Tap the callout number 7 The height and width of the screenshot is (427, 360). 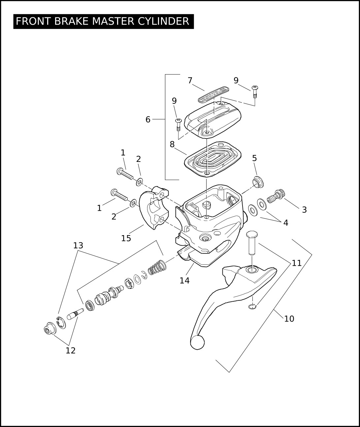(x=190, y=80)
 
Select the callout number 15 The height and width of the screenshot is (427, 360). (x=126, y=238)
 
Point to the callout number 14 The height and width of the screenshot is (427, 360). (x=184, y=281)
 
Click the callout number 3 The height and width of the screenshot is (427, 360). (x=304, y=210)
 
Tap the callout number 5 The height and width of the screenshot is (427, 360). (x=254, y=158)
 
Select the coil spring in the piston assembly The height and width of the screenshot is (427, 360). (x=157, y=268)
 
